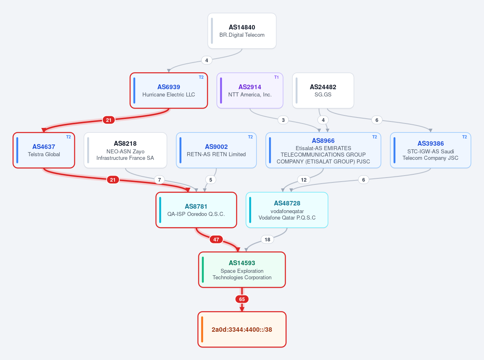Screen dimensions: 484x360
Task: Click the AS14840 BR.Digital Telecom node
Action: (242, 31)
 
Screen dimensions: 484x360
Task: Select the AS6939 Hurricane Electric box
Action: (169, 90)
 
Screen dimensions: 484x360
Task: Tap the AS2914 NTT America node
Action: (250, 90)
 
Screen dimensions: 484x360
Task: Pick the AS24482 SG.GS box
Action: (323, 90)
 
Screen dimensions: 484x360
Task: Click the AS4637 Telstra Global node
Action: (44, 150)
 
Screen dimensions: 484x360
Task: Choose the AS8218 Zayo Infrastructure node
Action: (125, 150)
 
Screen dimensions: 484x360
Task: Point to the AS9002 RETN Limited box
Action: (216, 150)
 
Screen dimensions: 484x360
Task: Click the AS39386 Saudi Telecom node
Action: (430, 150)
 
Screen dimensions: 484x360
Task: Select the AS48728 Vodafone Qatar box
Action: (287, 210)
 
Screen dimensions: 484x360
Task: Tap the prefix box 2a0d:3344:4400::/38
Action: (242, 329)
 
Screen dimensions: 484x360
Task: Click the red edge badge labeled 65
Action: (242, 299)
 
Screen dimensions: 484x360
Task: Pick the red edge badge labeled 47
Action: (216, 239)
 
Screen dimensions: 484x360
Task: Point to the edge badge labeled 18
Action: (267, 239)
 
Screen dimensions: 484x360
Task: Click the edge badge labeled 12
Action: (304, 180)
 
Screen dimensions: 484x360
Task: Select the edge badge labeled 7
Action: (159, 180)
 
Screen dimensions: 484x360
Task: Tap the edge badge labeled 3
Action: (283, 120)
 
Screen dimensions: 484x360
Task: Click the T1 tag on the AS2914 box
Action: (276, 77)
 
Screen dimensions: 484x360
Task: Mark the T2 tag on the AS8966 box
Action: (374, 137)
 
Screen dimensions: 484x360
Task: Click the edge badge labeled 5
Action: (211, 180)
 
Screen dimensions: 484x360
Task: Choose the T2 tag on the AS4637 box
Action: (68, 137)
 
